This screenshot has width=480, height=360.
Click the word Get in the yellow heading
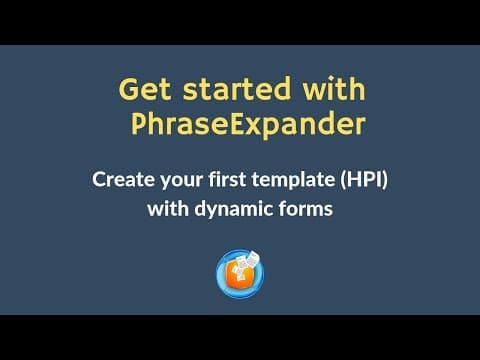[x=145, y=89]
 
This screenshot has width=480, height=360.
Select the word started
[x=237, y=89]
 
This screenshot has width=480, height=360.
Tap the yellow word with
[x=334, y=88]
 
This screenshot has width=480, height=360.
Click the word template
[x=293, y=180]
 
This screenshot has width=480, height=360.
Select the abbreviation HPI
[x=364, y=180]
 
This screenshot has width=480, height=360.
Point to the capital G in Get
[x=129, y=89]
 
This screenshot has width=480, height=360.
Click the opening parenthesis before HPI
[x=342, y=181]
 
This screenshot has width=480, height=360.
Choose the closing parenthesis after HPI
[x=385, y=181]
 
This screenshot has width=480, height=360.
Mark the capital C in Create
[x=99, y=180]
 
